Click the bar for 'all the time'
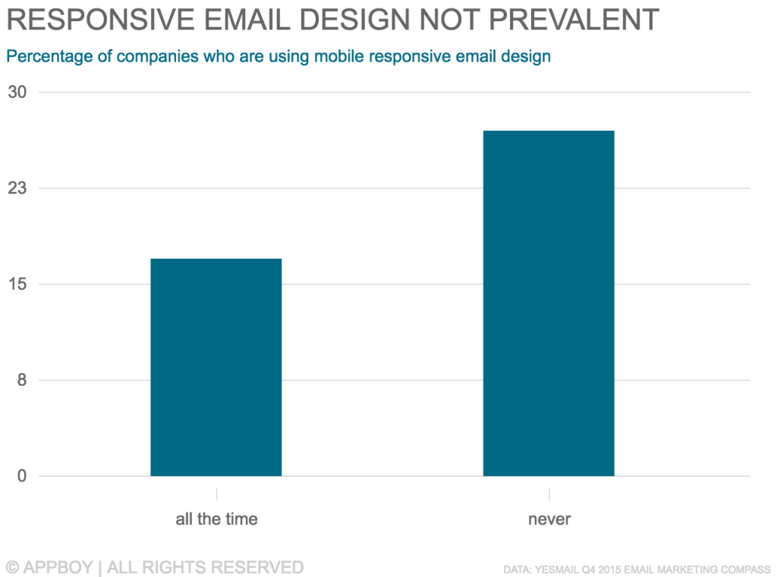(x=216, y=367)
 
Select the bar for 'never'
(x=549, y=304)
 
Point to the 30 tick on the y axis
(x=17, y=93)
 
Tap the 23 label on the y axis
(x=17, y=188)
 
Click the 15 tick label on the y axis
(x=17, y=285)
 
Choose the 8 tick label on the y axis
(x=22, y=380)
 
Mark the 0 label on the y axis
(x=22, y=477)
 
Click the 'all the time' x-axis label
(x=216, y=520)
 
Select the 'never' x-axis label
(x=549, y=520)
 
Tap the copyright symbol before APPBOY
(x=11, y=567)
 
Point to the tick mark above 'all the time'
(x=216, y=493)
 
